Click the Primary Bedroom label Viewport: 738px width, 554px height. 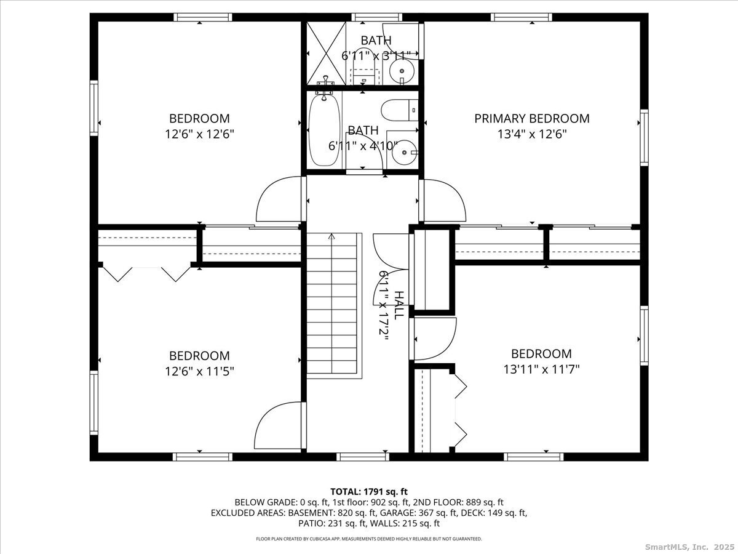(532, 118)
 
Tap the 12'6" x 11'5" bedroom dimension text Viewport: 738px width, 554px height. (199, 372)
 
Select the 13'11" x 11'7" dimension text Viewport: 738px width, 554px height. (541, 370)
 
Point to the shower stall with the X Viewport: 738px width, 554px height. (326, 53)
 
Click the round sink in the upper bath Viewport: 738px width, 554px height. (402, 71)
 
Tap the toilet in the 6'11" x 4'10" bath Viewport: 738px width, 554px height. (399, 110)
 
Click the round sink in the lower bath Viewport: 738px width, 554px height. (405, 153)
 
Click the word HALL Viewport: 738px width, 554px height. (399, 305)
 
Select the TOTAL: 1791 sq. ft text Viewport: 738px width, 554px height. (369, 492)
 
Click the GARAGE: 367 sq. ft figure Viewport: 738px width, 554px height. (438, 513)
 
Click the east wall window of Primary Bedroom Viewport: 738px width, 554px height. (644, 137)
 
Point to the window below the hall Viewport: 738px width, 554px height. (363, 457)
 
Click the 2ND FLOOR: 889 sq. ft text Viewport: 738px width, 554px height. (458, 502)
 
